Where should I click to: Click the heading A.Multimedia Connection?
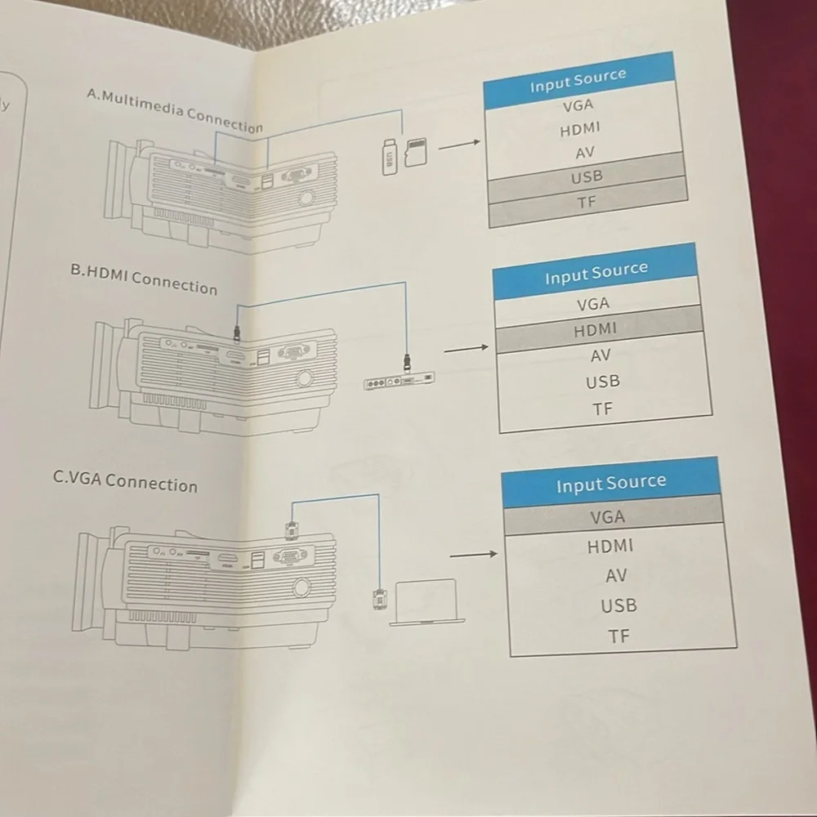tap(175, 111)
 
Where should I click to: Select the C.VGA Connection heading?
tap(125, 482)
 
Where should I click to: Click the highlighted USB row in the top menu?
tap(586, 177)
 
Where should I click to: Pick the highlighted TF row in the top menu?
tap(587, 202)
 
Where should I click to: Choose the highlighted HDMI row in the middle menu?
tap(598, 329)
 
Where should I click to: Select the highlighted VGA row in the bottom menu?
tap(613, 516)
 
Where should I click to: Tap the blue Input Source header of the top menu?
tap(578, 80)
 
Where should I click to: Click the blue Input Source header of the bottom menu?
tap(610, 483)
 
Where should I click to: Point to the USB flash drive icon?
tap(389, 157)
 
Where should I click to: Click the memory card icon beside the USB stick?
tap(416, 152)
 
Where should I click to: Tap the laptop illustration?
tap(426, 602)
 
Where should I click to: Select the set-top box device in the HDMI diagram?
tap(400, 382)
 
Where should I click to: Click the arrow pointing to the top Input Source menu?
tap(459, 145)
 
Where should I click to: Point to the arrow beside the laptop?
tap(473, 555)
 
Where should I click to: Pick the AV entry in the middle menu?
tap(600, 355)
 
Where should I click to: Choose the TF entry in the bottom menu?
tap(618, 636)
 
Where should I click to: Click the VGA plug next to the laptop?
tap(379, 599)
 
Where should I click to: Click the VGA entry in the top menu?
tap(578, 105)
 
